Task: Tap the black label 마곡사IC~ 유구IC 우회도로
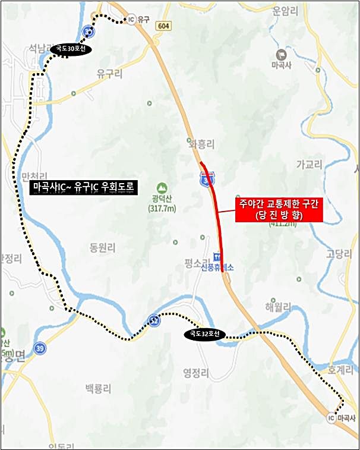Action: point(84,188)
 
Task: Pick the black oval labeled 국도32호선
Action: point(205,335)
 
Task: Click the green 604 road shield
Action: point(164,26)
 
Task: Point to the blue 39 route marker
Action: point(40,349)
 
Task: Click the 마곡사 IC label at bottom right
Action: point(340,418)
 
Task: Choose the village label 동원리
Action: point(102,246)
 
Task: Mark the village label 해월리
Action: point(279,307)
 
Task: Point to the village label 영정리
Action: point(195,373)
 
